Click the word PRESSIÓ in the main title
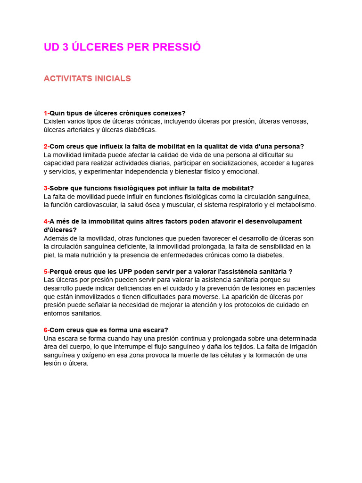[x=177, y=47]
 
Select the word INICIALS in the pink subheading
[x=111, y=79]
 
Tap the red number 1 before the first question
[x=46, y=113]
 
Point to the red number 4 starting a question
[x=46, y=222]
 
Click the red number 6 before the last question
[x=46, y=330]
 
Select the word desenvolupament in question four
[x=274, y=222]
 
